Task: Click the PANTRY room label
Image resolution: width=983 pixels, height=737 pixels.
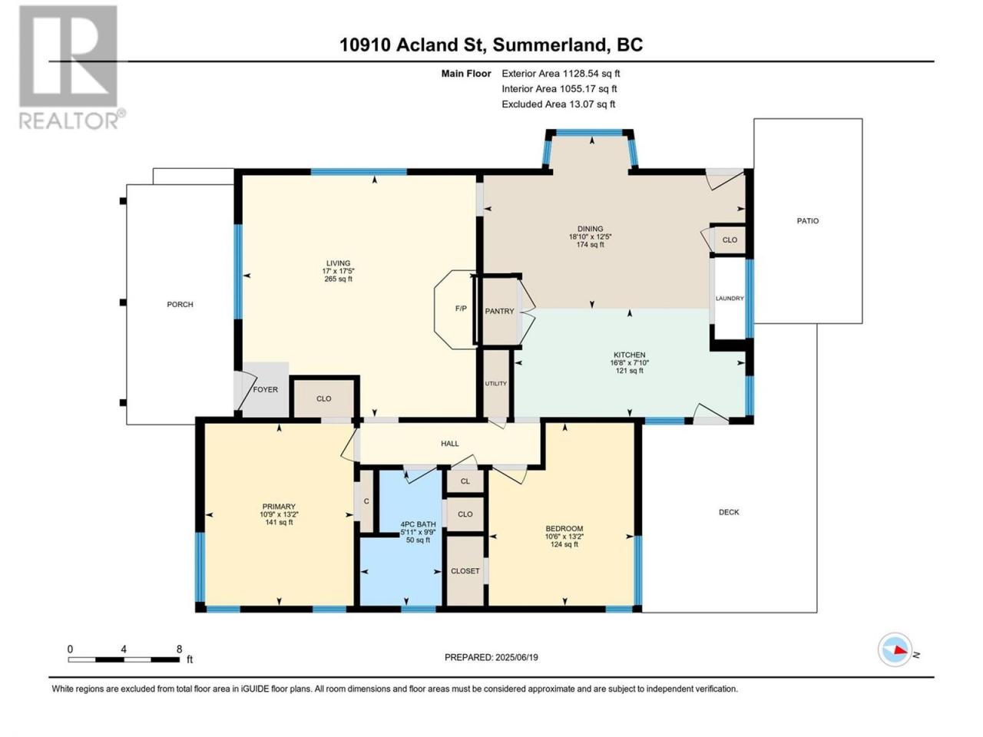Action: pyautogui.click(x=499, y=311)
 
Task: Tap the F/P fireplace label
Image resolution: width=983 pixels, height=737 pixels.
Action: pyautogui.click(x=461, y=309)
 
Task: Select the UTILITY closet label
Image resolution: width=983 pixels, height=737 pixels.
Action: pyautogui.click(x=496, y=384)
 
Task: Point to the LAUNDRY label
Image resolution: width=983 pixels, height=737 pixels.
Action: pyautogui.click(x=730, y=299)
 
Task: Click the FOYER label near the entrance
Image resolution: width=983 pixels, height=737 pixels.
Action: pyautogui.click(x=266, y=389)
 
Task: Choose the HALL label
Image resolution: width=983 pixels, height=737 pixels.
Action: pyautogui.click(x=449, y=444)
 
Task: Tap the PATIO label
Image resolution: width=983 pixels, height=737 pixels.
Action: pyautogui.click(x=807, y=220)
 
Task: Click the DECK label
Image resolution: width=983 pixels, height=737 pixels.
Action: pyautogui.click(x=729, y=512)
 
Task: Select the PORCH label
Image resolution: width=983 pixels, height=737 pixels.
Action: pyautogui.click(x=180, y=304)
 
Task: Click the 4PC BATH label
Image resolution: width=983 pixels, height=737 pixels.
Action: pyautogui.click(x=418, y=524)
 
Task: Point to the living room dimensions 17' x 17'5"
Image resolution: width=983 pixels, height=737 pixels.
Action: pyautogui.click(x=338, y=271)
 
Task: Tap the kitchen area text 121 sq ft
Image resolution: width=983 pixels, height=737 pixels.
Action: pyautogui.click(x=629, y=371)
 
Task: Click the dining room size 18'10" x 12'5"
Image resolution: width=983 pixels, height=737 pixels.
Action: pyautogui.click(x=591, y=236)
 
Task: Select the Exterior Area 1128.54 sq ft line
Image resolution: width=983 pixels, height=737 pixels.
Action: pyautogui.click(x=561, y=74)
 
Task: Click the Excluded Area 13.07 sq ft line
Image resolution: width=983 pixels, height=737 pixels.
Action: pyautogui.click(x=558, y=104)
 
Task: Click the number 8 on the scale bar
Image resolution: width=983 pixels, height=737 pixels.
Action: pyautogui.click(x=179, y=649)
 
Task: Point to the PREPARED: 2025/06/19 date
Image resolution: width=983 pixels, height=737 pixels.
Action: pyautogui.click(x=491, y=657)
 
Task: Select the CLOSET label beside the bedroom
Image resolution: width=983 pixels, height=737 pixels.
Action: pyautogui.click(x=465, y=571)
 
